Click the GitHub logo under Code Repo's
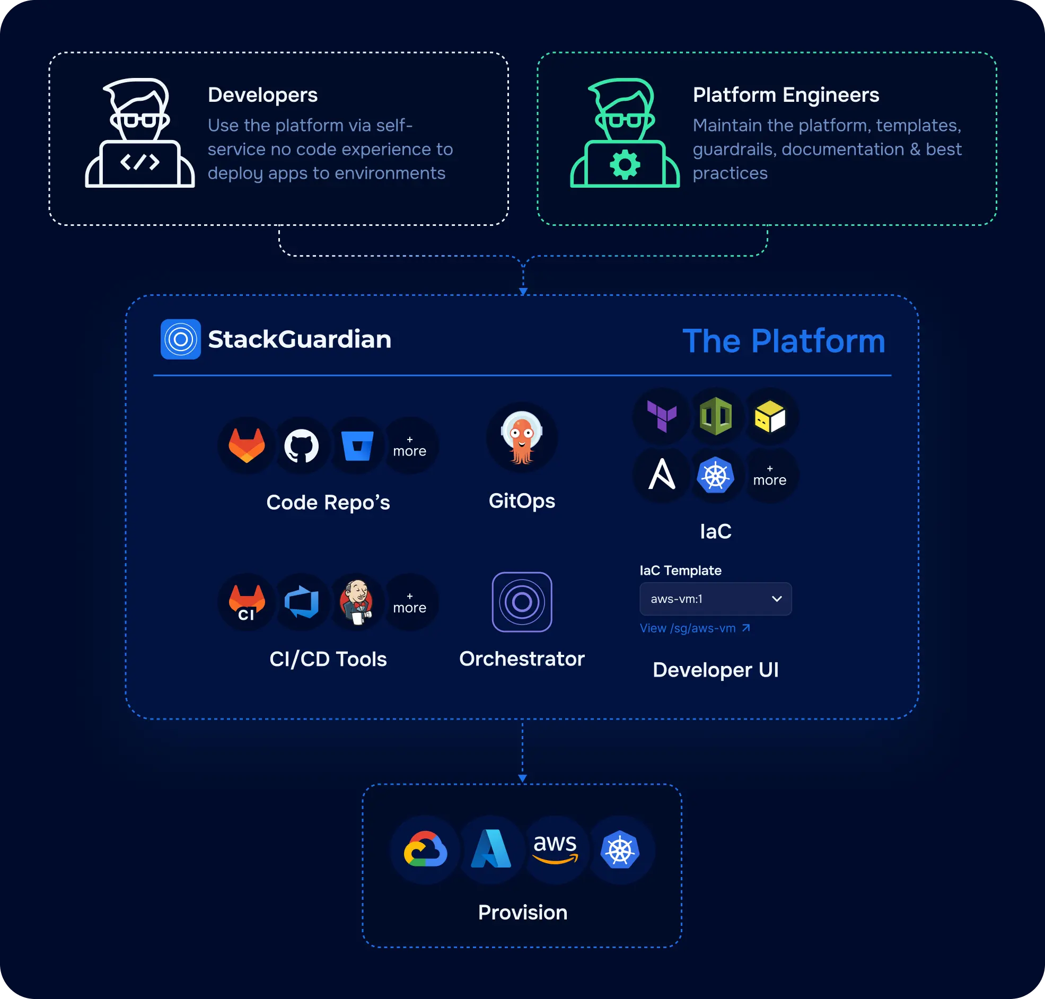coord(301,446)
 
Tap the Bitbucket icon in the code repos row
coord(357,446)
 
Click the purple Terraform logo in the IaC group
coord(662,416)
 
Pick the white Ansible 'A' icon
coord(662,474)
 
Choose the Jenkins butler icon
coord(357,602)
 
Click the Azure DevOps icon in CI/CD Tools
coord(302,602)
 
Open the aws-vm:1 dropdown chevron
coord(776,599)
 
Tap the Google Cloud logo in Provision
coord(425,849)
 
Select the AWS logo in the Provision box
coord(555,848)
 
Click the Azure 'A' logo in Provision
coord(491,849)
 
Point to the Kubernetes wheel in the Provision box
coord(620,849)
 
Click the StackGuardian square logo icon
coord(180,339)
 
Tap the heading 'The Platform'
coord(784,341)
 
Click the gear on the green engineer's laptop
coord(625,164)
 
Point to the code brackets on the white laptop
coord(139,162)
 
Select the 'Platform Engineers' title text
coord(786,95)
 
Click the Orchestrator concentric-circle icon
coord(522,602)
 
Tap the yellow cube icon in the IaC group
coord(770,416)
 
